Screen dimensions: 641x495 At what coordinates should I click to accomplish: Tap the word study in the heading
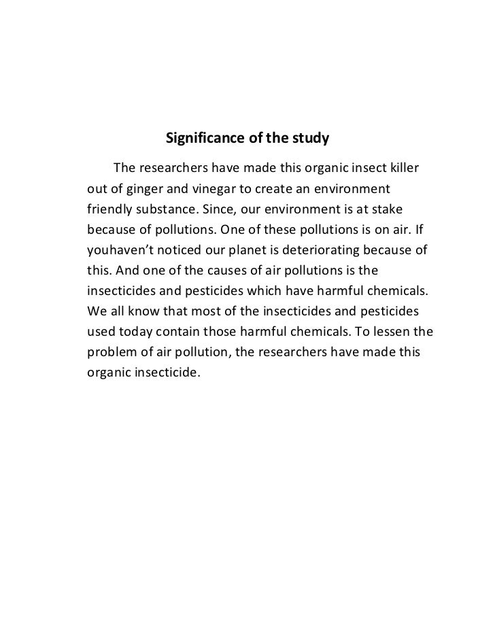(x=310, y=139)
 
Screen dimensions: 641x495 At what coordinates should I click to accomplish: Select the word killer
(x=400, y=168)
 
